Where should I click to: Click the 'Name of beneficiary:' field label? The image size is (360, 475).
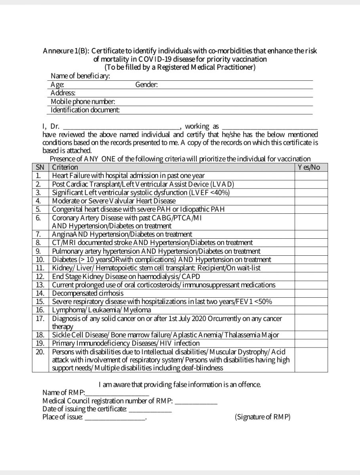pyautogui.click(x=80, y=76)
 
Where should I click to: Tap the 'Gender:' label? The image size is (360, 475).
pyautogui.click(x=147, y=85)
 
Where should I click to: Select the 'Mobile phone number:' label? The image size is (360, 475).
pyautogui.click(x=83, y=102)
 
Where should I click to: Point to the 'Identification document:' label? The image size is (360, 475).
pyautogui.click(x=86, y=110)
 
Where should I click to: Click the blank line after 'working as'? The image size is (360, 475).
pyautogui.click(x=270, y=127)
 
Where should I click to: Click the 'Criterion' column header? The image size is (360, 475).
pyautogui.click(x=65, y=167)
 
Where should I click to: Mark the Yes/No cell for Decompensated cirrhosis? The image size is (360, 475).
pyautogui.click(x=311, y=293)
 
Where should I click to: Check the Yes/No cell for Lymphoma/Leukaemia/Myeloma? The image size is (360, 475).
pyautogui.click(x=311, y=310)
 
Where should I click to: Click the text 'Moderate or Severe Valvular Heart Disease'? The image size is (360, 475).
pyautogui.click(x=114, y=201)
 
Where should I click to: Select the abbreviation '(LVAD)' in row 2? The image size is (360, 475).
pyautogui.click(x=223, y=184)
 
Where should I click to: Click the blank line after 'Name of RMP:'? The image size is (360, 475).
pyautogui.click(x=117, y=393)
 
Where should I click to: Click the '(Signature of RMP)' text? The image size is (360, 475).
pyautogui.click(x=262, y=417)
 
